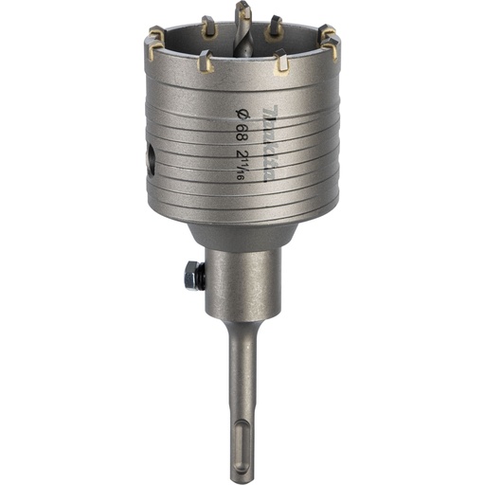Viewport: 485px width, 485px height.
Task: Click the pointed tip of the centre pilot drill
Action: tap(243, 5)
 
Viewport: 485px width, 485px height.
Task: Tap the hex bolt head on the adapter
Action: tap(192, 275)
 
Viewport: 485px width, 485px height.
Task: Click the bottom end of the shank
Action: tap(242, 477)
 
